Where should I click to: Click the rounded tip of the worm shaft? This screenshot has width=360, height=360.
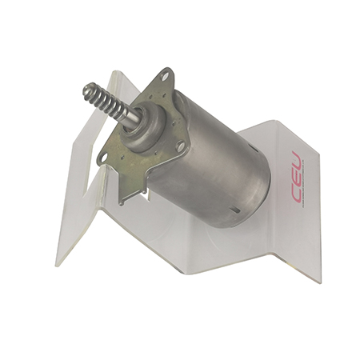(88, 89)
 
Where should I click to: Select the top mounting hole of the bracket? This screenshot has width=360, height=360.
(164, 77)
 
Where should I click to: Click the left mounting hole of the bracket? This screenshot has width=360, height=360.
(103, 158)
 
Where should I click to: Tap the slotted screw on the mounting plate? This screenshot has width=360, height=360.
(181, 146)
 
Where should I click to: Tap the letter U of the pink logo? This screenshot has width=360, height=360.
(297, 160)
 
